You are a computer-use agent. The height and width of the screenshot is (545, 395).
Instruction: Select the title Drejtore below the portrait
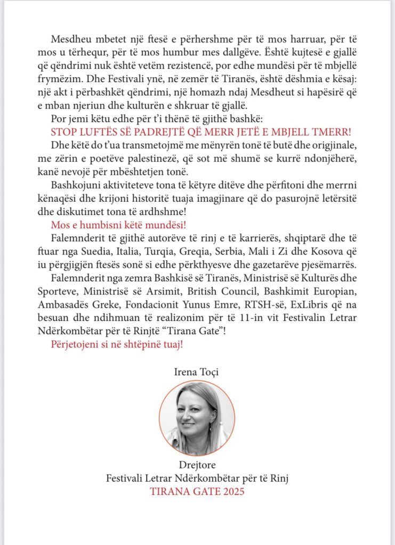[197, 466]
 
